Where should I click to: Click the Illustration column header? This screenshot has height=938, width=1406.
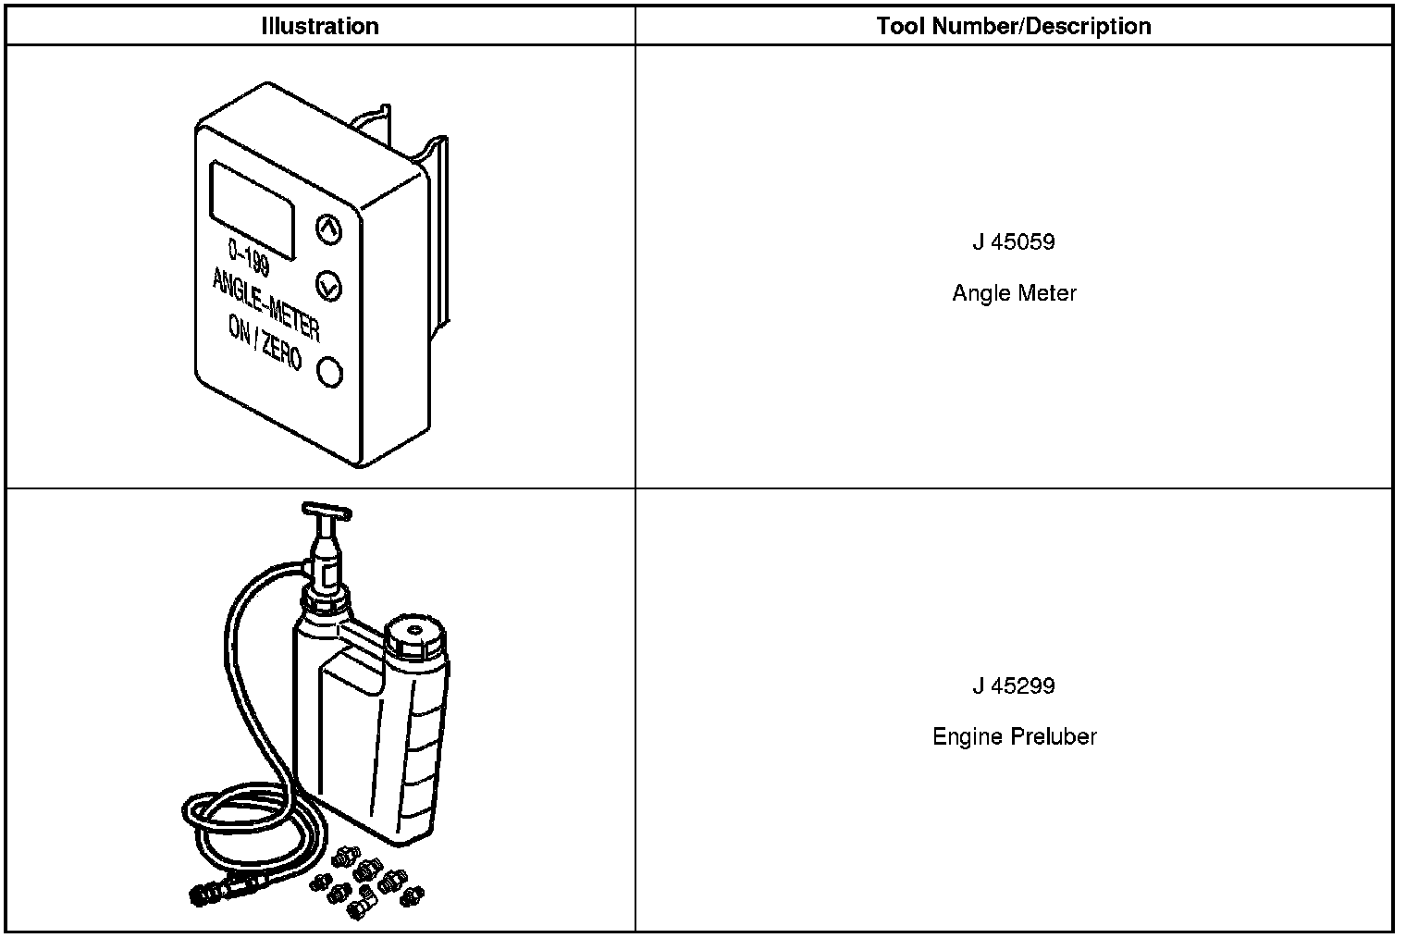tap(320, 26)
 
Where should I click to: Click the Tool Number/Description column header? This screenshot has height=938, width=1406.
tap(1014, 26)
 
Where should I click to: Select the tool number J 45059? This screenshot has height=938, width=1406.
tap(1014, 242)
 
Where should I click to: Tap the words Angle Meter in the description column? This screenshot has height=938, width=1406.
tap(1014, 293)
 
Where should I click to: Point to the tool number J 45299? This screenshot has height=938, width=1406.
tap(1014, 686)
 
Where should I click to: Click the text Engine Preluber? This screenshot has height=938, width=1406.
tap(1014, 737)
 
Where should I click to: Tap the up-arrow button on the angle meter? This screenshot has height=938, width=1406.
tap(328, 228)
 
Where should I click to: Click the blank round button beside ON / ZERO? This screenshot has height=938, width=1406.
tap(329, 372)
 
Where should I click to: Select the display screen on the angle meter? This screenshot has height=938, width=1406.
tap(253, 209)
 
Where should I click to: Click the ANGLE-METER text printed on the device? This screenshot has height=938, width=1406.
tap(265, 304)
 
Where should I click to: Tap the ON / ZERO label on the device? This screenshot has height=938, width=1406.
tap(265, 343)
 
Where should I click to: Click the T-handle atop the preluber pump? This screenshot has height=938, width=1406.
tap(327, 511)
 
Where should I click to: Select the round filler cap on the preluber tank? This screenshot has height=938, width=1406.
tap(415, 636)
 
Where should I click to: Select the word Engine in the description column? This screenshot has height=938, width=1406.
tap(968, 737)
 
